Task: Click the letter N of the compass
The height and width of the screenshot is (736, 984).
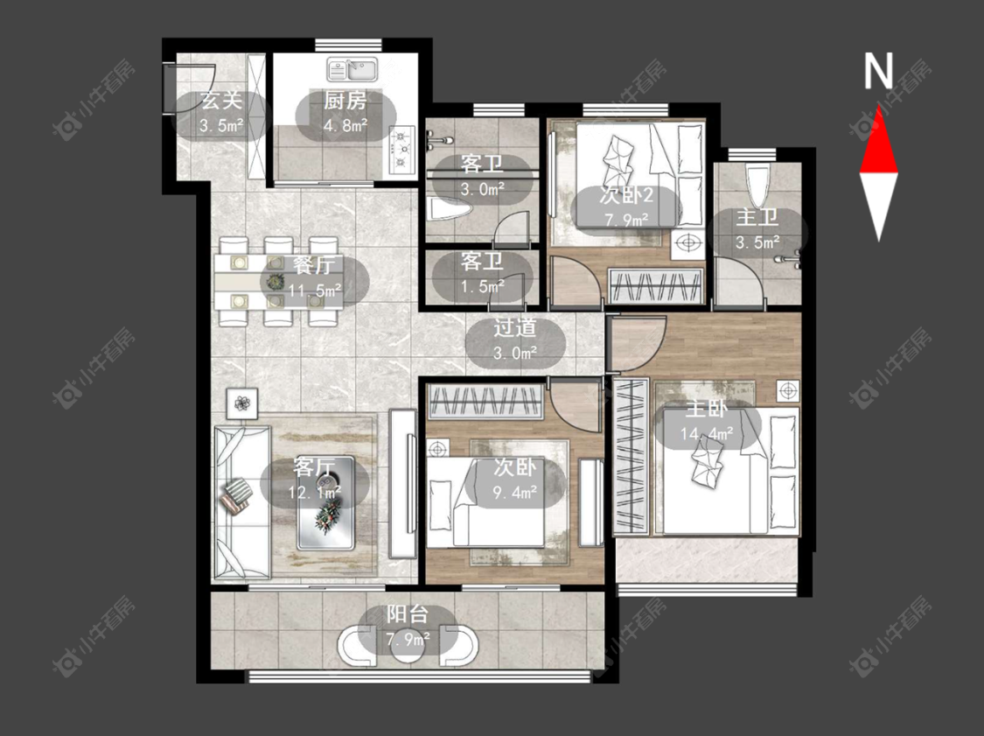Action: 878,70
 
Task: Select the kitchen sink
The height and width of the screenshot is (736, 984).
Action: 352,69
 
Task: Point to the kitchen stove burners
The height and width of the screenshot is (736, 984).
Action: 401,150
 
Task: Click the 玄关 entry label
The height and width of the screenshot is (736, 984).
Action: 221,101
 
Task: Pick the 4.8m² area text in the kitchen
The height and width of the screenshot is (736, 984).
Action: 345,125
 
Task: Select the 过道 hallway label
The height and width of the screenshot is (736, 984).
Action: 514,327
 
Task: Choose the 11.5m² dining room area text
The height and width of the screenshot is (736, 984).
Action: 315,291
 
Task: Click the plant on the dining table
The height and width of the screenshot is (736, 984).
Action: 275,282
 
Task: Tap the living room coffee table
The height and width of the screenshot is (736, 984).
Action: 325,502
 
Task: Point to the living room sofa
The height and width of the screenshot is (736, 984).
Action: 243,501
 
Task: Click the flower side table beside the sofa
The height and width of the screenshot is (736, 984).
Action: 243,403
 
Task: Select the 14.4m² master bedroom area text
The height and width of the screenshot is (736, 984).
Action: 707,434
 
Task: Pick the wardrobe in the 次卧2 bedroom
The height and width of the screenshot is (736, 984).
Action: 656,285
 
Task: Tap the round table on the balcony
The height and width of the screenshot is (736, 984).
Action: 408,647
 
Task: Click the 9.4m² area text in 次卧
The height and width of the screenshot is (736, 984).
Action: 514,492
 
